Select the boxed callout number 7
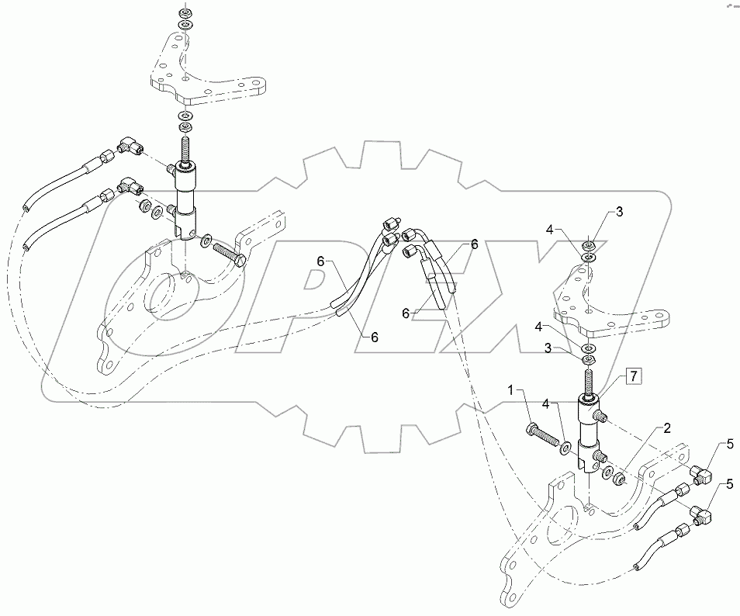(x=633, y=377)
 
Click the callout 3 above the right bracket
(x=619, y=211)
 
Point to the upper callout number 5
(x=728, y=445)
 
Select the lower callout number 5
(x=728, y=485)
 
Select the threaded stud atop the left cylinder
(x=185, y=147)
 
